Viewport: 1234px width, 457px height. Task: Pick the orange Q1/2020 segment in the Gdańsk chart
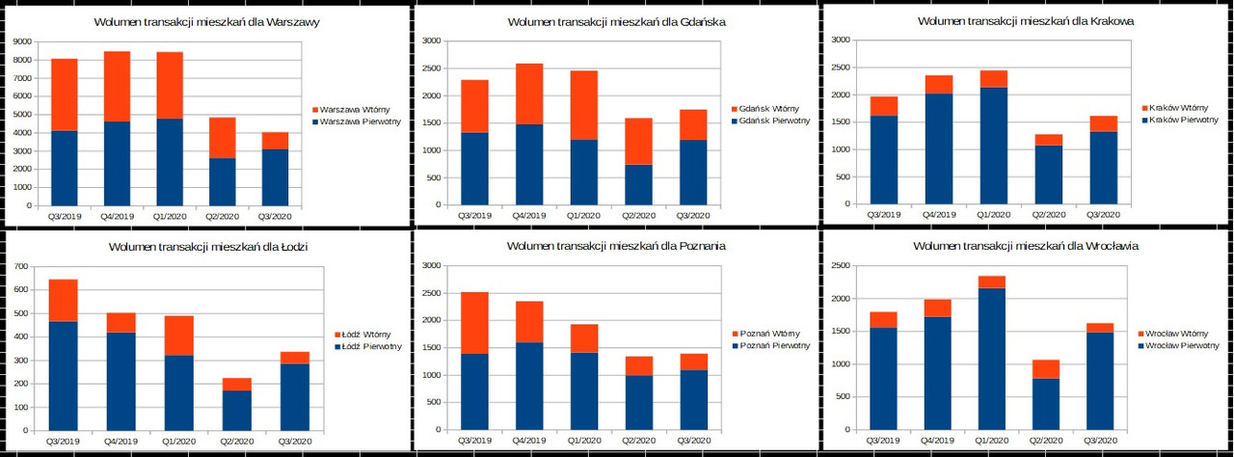tap(583, 105)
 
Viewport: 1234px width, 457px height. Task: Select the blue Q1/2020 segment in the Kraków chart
tap(993, 146)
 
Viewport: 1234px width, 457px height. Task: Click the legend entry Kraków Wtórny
tap(1176, 108)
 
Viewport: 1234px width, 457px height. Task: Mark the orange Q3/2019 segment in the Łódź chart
tap(64, 300)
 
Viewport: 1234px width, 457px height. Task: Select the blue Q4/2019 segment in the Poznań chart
tap(529, 386)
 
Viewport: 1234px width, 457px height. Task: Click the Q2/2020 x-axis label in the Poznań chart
tap(638, 442)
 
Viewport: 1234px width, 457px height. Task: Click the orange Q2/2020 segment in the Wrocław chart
tap(1046, 369)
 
